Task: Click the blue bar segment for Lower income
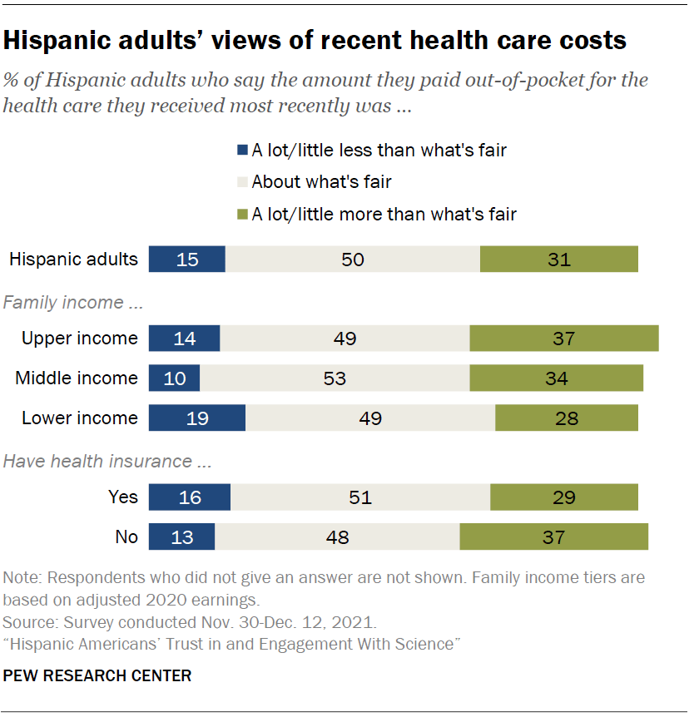click(x=197, y=418)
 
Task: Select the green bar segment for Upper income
click(x=564, y=338)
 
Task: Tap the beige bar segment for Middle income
click(x=335, y=378)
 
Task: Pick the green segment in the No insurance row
click(x=554, y=537)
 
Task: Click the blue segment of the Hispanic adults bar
click(x=187, y=259)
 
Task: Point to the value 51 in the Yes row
click(x=360, y=497)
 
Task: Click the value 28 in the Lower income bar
click(x=567, y=418)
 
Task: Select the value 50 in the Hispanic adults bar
click(x=353, y=259)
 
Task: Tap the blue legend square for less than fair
click(x=243, y=151)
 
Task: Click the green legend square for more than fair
click(x=243, y=215)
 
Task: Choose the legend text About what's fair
click(x=321, y=182)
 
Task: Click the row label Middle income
click(x=77, y=378)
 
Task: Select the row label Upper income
click(x=80, y=338)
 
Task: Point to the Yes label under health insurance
click(x=123, y=497)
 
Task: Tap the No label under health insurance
click(x=126, y=537)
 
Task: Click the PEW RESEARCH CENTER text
click(x=97, y=675)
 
